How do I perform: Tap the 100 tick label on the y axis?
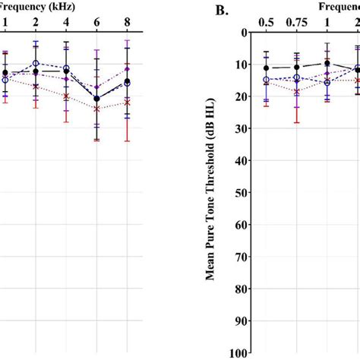pos(242,353)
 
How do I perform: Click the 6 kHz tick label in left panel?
pos(96,23)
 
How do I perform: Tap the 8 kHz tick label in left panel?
pos(127,23)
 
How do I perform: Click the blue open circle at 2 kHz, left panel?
pos(36,64)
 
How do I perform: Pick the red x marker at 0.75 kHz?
pos(296,91)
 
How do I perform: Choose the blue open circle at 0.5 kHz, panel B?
pos(267,80)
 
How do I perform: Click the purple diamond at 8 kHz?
pos(127,68)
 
